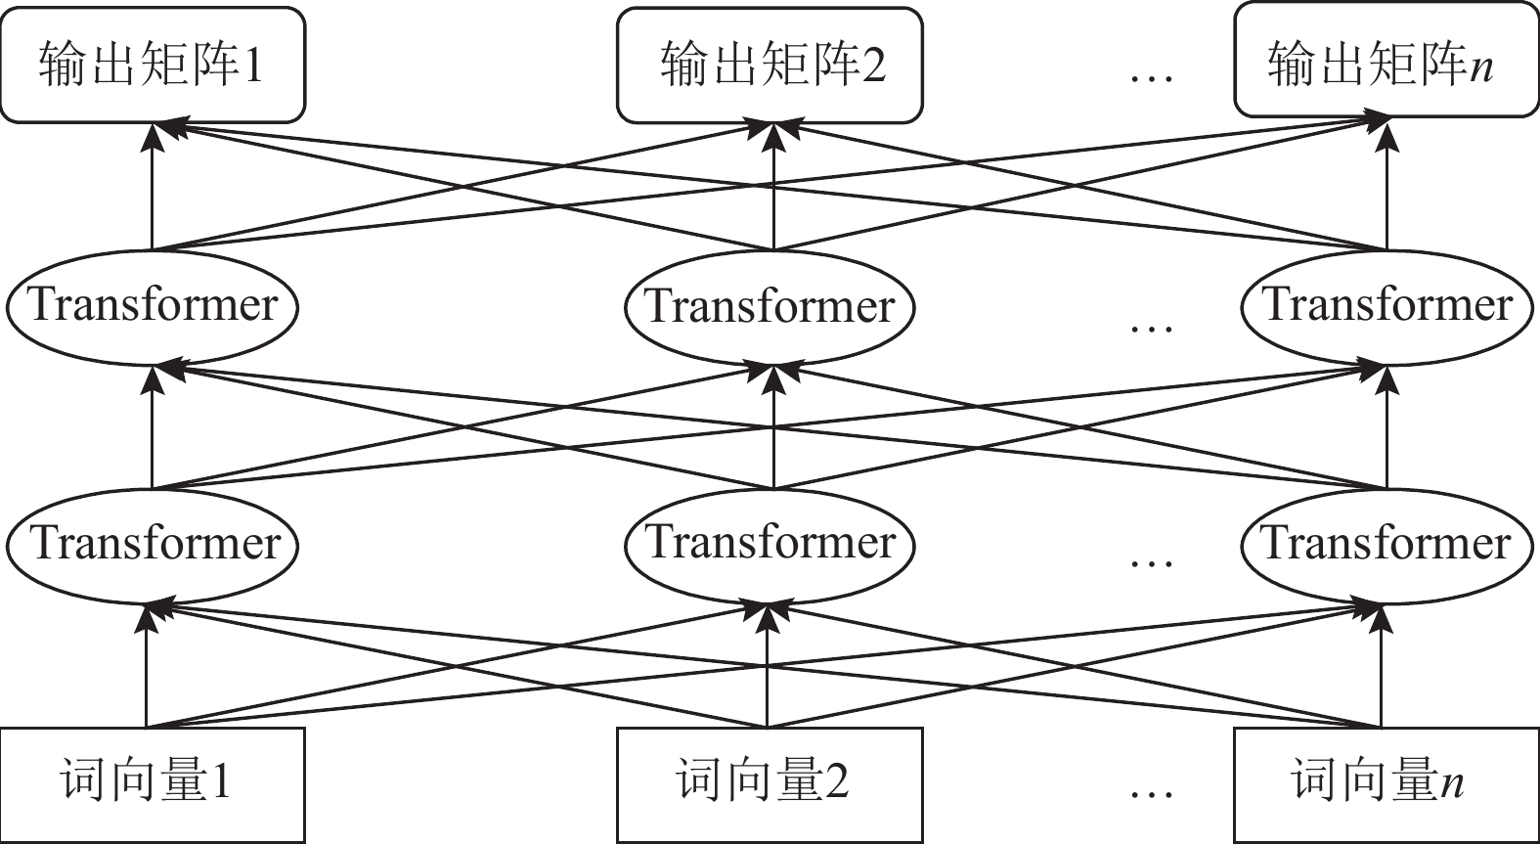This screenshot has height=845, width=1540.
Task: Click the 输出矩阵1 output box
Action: pyautogui.click(x=153, y=65)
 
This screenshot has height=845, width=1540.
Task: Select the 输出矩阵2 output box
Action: pyautogui.click(x=770, y=65)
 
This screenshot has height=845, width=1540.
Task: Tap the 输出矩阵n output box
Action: pyautogui.click(x=1386, y=62)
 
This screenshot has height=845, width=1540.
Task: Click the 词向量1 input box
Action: pyautogui.click(x=153, y=784)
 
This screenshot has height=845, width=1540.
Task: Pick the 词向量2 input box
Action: pyautogui.click(x=770, y=784)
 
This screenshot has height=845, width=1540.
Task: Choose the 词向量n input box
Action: pyautogui.click(x=1386, y=784)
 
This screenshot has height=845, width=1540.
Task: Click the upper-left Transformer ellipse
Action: pyautogui.click(x=153, y=306)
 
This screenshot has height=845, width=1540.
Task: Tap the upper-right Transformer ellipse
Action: pyautogui.click(x=1387, y=306)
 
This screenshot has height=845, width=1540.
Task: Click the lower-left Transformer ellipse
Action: pyautogui.click(x=153, y=544)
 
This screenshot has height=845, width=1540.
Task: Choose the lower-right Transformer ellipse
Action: pyautogui.click(x=1387, y=544)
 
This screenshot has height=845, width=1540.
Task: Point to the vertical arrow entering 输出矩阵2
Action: pyautogui.click(x=773, y=191)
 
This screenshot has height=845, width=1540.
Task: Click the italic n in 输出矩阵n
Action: pyautogui.click(x=1481, y=68)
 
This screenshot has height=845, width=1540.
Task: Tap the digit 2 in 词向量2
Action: pyautogui.click(x=835, y=781)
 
